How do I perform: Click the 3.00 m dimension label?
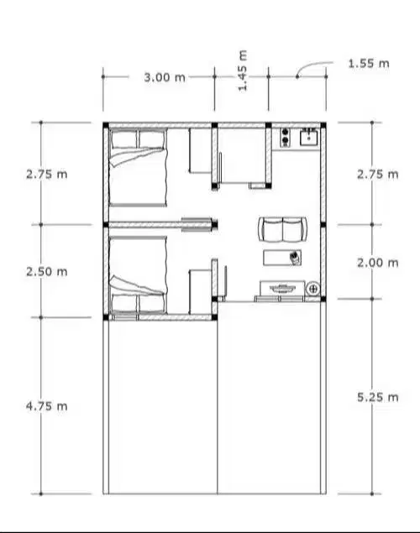164,76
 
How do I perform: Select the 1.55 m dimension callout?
368,63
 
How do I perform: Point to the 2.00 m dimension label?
377,263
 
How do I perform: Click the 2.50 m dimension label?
47,272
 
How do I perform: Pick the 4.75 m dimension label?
47,405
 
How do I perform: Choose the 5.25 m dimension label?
377,397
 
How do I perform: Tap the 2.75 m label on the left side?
47,175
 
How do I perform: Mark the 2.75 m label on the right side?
377,175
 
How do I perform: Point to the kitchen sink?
308,135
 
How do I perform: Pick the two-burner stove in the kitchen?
286,135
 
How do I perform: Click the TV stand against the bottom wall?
282,289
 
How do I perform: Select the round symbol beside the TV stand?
313,290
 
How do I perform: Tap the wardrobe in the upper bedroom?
200,151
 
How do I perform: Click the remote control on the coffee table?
295,256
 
